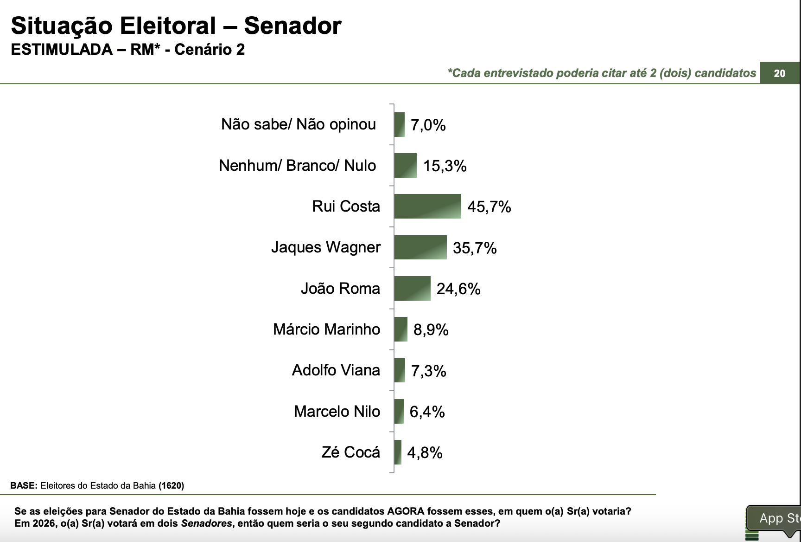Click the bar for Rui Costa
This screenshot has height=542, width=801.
pyautogui.click(x=427, y=206)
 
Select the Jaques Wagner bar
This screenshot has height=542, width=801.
pyautogui.click(x=420, y=247)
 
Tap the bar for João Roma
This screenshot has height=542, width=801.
pyautogui.click(x=412, y=288)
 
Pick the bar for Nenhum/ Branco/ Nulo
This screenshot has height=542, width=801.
pyautogui.click(x=405, y=166)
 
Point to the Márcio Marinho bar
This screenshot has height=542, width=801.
pyautogui.click(x=400, y=329)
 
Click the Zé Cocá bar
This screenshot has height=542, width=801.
pyautogui.click(x=398, y=452)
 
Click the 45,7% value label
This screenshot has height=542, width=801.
pyautogui.click(x=489, y=207)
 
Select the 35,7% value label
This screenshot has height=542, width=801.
pyautogui.click(x=475, y=248)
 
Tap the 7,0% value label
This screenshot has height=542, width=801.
pyautogui.click(x=428, y=125)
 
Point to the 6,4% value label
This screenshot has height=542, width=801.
pyautogui.click(x=427, y=412)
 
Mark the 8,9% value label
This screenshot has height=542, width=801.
pyautogui.click(x=431, y=330)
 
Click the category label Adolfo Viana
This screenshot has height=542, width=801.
pyautogui.click(x=336, y=370)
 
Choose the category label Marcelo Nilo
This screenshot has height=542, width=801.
pyautogui.click(x=337, y=412)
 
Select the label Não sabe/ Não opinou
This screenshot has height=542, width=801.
pyautogui.click(x=298, y=124)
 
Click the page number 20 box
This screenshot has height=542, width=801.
pyautogui.click(x=779, y=73)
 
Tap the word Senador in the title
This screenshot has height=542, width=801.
pyautogui.click(x=292, y=26)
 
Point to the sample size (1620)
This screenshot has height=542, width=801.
pyautogui.click(x=171, y=486)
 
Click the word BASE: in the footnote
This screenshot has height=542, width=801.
pyautogui.click(x=24, y=486)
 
